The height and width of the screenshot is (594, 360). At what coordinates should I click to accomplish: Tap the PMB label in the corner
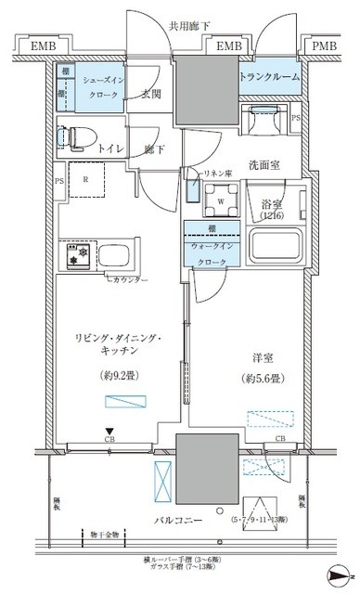(x=325, y=45)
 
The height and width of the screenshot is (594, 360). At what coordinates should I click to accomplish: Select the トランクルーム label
(x=270, y=78)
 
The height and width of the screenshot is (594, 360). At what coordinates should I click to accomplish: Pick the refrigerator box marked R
(x=86, y=181)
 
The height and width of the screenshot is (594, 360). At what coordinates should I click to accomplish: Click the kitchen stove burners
(x=74, y=254)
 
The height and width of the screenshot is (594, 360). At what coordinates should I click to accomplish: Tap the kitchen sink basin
(x=116, y=255)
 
